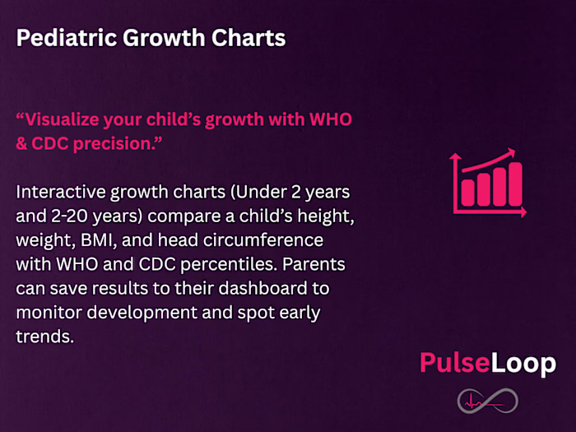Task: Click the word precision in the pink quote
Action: [x=105, y=141]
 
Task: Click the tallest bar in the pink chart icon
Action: [x=515, y=184]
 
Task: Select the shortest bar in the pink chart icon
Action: [x=467, y=191]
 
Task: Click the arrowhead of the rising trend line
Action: [x=510, y=152]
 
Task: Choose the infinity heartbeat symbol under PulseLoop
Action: [x=487, y=402]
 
